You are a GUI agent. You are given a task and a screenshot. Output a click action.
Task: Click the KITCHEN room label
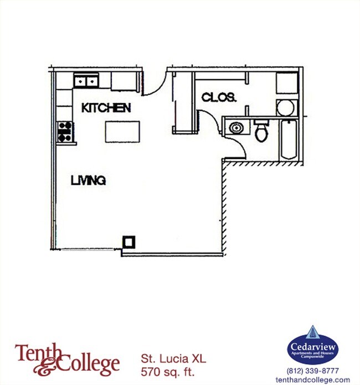(106, 108)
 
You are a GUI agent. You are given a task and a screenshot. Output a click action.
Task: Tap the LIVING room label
(88, 180)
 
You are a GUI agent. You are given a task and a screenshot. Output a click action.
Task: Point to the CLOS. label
(219, 98)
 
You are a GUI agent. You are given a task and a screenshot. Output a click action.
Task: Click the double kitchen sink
(86, 81)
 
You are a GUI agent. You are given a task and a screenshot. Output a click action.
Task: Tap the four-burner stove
(65, 131)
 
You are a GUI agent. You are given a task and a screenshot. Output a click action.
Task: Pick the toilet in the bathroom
(261, 130)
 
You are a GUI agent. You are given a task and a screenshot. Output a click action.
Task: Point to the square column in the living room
(128, 241)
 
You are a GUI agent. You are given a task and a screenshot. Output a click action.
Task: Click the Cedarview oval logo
(312, 346)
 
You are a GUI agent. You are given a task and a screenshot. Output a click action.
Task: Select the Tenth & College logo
(67, 358)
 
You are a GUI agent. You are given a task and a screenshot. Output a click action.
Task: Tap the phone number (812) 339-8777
(312, 371)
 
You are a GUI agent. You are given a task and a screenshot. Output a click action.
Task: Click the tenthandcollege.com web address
(312, 379)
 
